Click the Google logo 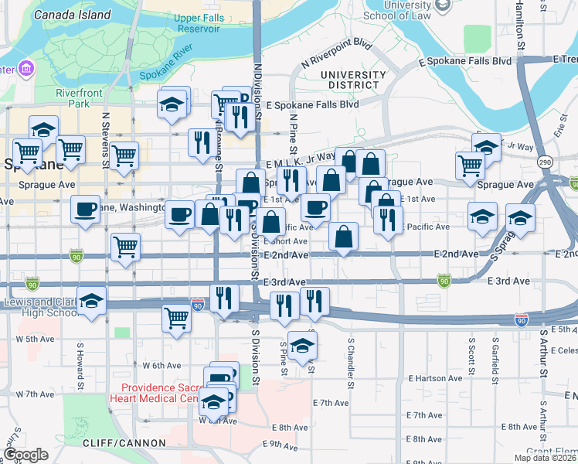[25, 455]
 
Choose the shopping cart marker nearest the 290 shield [470, 165]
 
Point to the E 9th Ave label [284, 444]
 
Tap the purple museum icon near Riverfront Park [26, 70]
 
